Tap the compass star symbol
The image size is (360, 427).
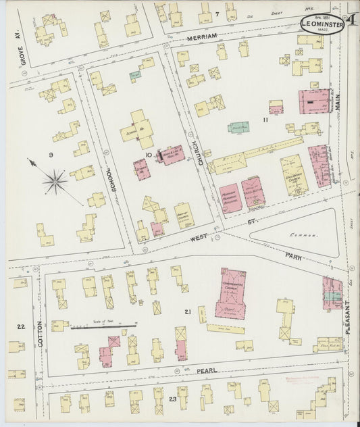click(x=54, y=180)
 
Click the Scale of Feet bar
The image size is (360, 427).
click(x=104, y=326)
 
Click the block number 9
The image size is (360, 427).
click(x=51, y=155)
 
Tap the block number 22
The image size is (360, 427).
click(x=22, y=326)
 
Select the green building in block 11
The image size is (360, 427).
click(x=238, y=127)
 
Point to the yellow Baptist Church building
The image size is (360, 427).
click(x=183, y=216)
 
